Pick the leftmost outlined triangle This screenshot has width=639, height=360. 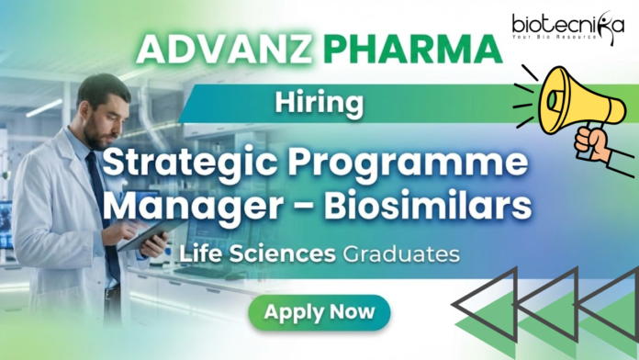[x=478, y=312]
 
